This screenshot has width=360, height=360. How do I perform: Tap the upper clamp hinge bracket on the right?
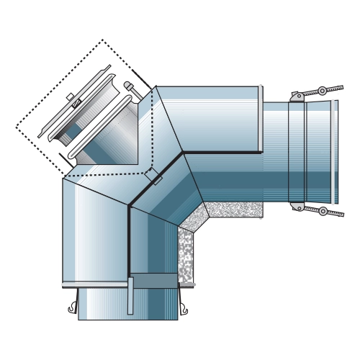296,95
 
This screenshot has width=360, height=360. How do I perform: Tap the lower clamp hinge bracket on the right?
296,207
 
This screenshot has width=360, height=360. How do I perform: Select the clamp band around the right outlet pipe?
297,151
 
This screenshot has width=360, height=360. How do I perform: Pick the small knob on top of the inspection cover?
70,96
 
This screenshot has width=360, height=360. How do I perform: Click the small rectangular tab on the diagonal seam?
153,176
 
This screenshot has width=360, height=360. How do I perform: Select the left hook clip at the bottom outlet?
72,309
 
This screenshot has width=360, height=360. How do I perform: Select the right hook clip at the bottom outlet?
186,309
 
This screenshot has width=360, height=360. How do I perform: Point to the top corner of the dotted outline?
102,40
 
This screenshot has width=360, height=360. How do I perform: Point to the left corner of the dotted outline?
17,127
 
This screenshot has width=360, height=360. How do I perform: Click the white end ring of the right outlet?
336,151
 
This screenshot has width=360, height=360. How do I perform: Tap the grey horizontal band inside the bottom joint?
155,281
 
